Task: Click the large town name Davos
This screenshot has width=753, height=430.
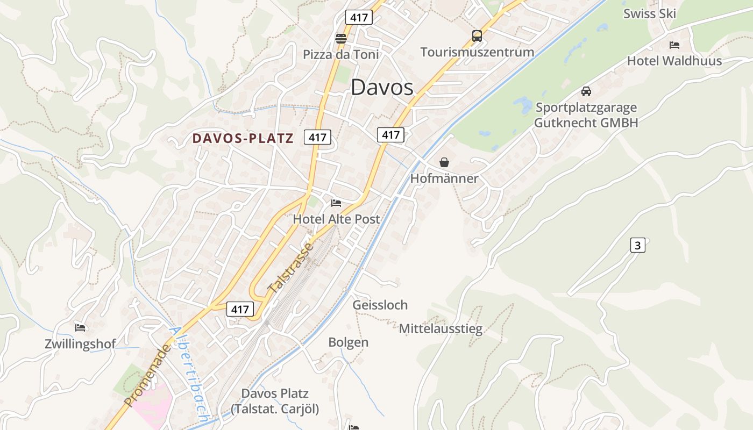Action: [382, 88]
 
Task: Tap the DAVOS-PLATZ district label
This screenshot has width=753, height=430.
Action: [243, 139]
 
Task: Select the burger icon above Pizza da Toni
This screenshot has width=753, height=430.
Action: [340, 38]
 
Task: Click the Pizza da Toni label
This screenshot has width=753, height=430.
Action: [341, 54]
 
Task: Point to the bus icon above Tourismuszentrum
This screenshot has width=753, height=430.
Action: [477, 36]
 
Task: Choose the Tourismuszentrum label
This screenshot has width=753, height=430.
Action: [477, 52]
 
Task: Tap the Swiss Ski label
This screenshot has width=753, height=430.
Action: [649, 14]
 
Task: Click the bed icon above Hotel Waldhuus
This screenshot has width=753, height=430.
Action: [674, 45]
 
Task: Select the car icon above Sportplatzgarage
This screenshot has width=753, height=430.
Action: [586, 91]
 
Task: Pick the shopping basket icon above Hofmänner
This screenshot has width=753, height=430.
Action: [444, 162]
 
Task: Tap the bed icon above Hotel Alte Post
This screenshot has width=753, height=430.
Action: [336, 203]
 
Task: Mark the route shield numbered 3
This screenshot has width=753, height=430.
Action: [637, 246]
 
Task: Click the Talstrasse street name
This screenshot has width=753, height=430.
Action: [290, 268]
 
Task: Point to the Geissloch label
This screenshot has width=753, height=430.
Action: [380, 305]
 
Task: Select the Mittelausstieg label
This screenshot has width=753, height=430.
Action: [441, 328]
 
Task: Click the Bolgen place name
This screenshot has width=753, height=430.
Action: [348, 342]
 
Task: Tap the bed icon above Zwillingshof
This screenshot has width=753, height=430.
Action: [80, 327]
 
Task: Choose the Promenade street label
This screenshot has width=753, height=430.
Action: [147, 376]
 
